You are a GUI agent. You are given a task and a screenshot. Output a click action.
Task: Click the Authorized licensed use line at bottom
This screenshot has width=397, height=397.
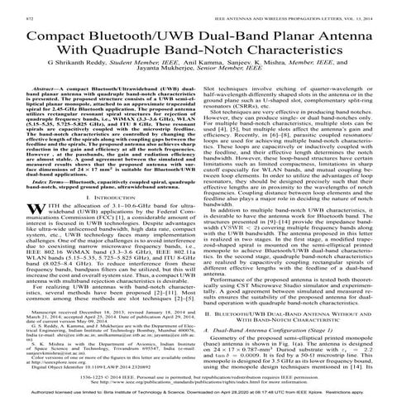tap(198, 391)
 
